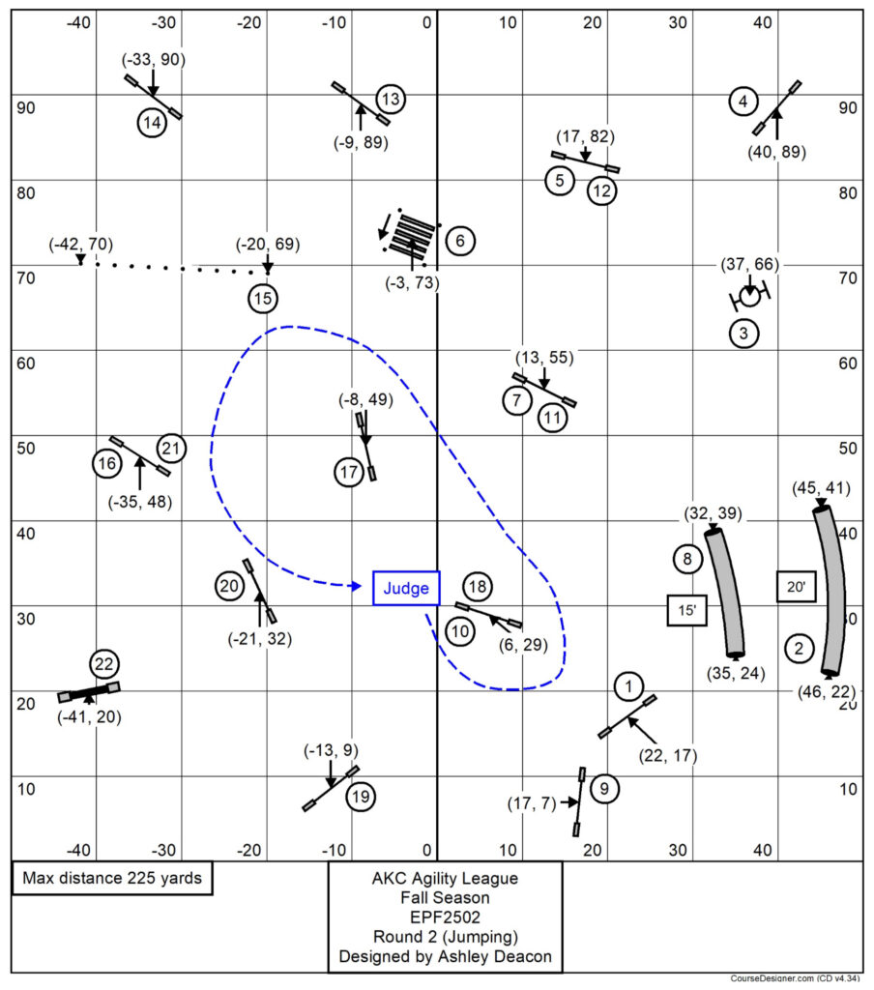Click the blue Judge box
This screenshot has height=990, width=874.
click(x=406, y=588)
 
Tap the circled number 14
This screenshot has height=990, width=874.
click(x=152, y=123)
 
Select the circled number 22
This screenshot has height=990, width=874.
click(x=104, y=664)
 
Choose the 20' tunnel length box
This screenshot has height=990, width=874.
click(x=795, y=586)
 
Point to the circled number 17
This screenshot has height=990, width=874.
click(x=349, y=473)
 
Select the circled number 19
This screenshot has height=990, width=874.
click(x=361, y=797)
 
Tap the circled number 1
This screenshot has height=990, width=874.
click(x=628, y=687)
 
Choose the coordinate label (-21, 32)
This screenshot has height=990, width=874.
click(x=259, y=638)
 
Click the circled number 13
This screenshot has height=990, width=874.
click(x=391, y=99)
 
